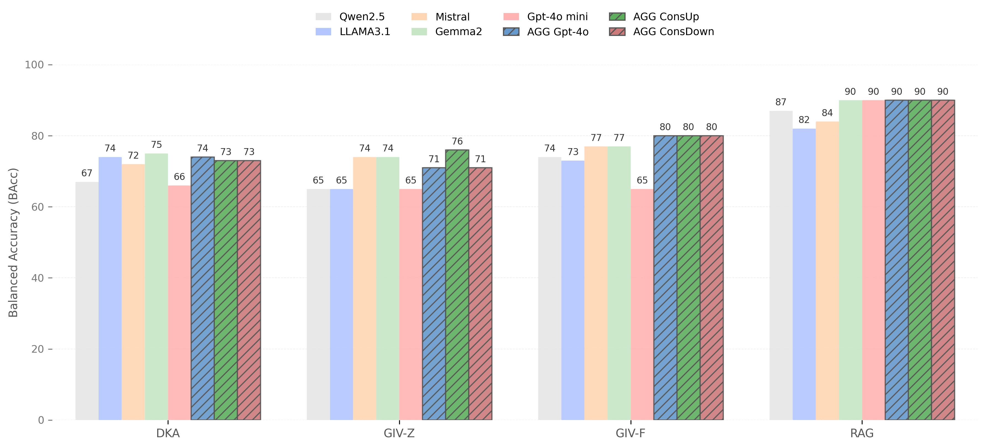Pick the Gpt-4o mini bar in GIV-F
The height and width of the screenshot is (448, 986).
pyautogui.click(x=642, y=304)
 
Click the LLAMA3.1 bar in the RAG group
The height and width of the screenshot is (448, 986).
pyautogui.click(x=804, y=274)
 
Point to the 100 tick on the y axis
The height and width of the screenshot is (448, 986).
pyautogui.click(x=35, y=65)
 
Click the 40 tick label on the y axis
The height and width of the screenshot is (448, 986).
pyautogui.click(x=38, y=278)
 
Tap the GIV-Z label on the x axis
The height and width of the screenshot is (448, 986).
pyautogui.click(x=399, y=433)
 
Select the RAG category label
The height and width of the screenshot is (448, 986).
pyautogui.click(x=862, y=433)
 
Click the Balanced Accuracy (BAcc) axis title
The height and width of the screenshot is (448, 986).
pyautogui.click(x=14, y=242)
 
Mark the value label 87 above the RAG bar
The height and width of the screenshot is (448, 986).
pyautogui.click(x=781, y=102)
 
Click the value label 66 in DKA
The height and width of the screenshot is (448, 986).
pyautogui.click(x=179, y=177)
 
